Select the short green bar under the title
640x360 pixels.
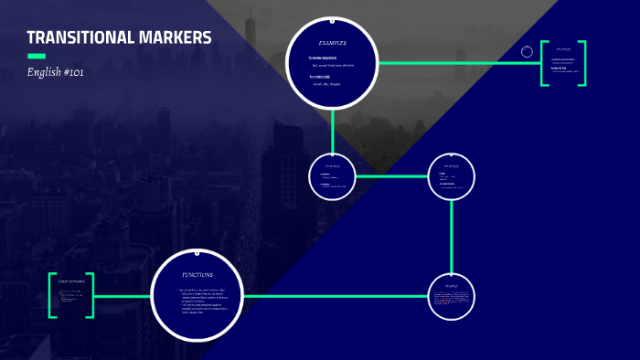[37, 57]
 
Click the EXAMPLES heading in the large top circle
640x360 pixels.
[332, 43]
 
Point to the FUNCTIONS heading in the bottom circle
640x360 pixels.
[197, 275]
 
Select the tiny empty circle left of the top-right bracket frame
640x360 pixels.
[527, 52]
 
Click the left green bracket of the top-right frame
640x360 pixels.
[544, 63]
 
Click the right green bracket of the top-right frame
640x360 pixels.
[582, 63]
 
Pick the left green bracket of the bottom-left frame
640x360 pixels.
[53, 295]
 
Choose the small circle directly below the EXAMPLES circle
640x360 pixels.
[332, 175]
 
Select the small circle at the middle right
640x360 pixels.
[452, 175]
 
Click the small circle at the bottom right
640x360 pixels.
[452, 295]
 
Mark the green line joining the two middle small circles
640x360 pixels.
[391, 175]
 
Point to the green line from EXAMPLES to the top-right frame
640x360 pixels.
[457, 63]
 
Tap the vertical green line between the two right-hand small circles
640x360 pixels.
[452, 236]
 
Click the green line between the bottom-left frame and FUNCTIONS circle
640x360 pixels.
[122, 295]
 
